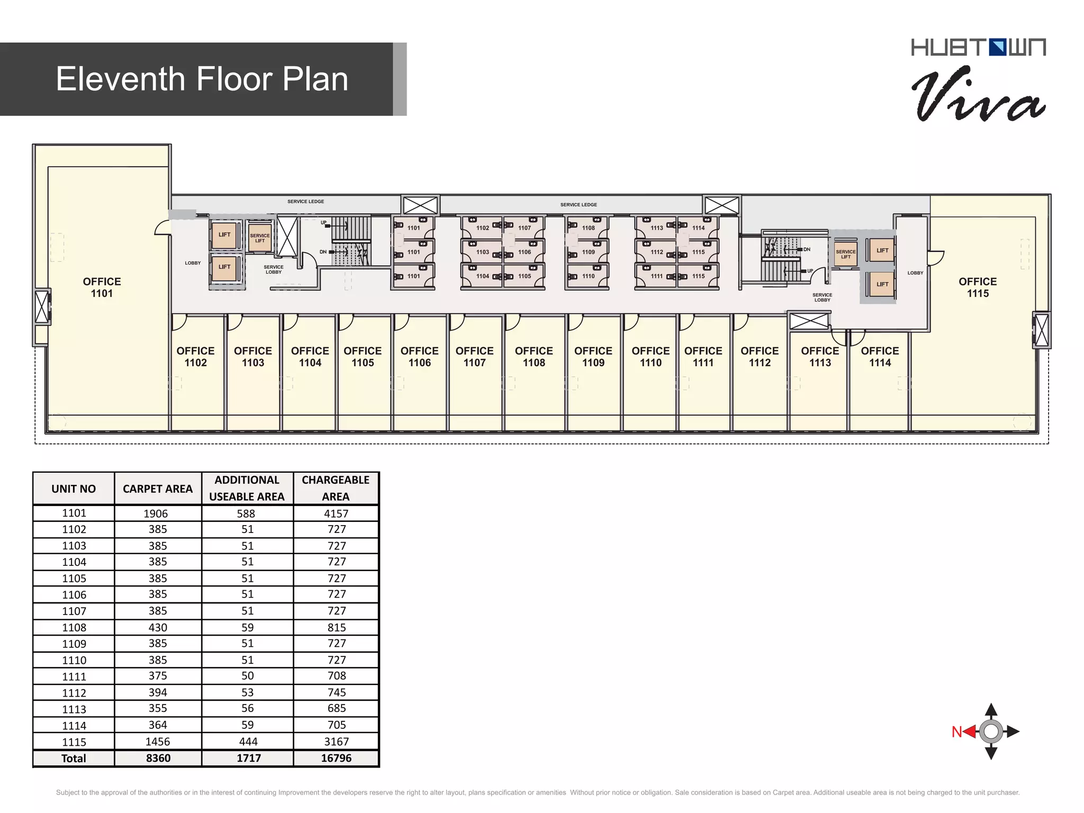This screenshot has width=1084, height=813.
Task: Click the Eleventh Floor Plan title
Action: click(202, 79)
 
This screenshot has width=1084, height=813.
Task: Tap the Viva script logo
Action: click(978, 94)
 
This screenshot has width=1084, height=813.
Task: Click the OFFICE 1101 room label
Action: click(102, 287)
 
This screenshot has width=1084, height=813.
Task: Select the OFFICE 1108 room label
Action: click(534, 357)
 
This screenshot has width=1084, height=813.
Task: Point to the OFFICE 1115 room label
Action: click(978, 287)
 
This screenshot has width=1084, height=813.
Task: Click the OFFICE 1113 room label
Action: click(820, 357)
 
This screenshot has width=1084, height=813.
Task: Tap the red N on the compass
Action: click(956, 732)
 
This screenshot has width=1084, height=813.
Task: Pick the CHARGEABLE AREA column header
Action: click(336, 488)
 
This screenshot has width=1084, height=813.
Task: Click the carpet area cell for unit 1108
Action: click(158, 627)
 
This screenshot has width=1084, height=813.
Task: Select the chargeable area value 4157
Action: click(336, 513)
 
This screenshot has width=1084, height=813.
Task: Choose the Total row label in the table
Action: click(74, 758)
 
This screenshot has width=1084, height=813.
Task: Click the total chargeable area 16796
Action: click(336, 758)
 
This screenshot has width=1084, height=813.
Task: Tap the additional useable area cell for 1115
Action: click(248, 742)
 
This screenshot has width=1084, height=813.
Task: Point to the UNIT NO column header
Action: click(74, 489)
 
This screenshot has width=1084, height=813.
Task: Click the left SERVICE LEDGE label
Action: click(305, 202)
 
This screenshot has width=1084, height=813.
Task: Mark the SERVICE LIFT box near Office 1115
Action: click(845, 254)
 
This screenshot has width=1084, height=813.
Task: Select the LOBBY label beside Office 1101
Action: click(193, 263)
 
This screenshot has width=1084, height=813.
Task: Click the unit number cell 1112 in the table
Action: click(74, 693)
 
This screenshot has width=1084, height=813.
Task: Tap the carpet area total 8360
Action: click(158, 758)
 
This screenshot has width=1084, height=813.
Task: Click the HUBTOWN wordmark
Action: click(978, 47)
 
